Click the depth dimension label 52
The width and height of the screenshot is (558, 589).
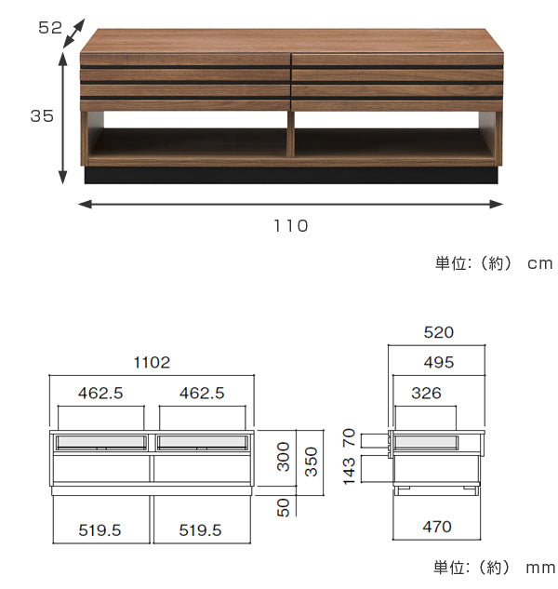(50, 28)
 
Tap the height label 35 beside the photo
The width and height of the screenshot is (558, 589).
(42, 116)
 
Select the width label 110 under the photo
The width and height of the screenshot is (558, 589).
(291, 226)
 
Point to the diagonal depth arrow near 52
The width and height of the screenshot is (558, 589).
(74, 33)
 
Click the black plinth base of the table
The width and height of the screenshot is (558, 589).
(291, 176)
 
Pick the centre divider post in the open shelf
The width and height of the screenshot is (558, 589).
(290, 134)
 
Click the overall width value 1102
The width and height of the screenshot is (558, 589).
(153, 363)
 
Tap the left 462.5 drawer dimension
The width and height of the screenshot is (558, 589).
(100, 394)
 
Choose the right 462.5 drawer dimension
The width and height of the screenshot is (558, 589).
(202, 394)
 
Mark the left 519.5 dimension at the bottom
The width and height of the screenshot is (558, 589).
(100, 530)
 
